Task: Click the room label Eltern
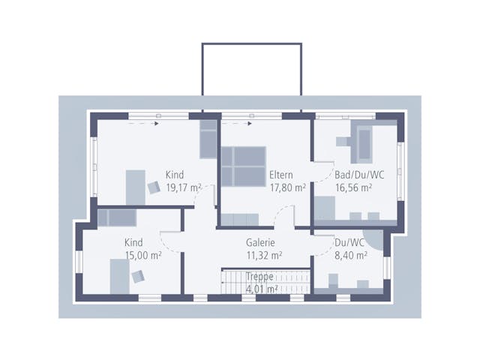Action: coord(281,175)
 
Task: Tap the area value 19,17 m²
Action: coord(183,187)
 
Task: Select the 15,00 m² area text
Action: coord(143,255)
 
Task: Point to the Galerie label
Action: coord(260,242)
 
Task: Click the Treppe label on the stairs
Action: coord(259,277)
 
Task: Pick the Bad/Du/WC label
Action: coord(359,175)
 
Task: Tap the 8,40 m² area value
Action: coord(351,255)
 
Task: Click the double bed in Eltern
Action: coord(244,166)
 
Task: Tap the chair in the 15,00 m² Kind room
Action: coord(138,277)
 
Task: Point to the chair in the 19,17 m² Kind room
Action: coord(154,187)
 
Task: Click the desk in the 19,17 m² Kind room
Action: coord(136,187)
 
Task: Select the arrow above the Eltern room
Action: coord(237,124)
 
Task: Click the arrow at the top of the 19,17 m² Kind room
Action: coord(143,124)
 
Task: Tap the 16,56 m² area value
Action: coord(353,187)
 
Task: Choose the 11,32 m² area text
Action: coord(265,255)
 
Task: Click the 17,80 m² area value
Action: coord(288,187)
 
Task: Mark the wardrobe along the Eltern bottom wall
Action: coord(240,220)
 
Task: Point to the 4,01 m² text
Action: coord(262,289)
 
